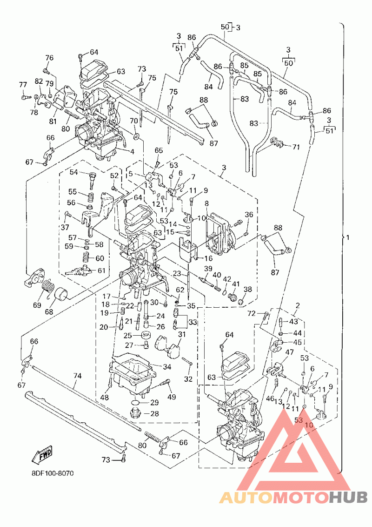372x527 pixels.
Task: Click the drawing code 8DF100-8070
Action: (x=53, y=473)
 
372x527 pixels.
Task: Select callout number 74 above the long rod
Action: (x=77, y=376)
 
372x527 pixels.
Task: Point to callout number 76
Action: (x=49, y=58)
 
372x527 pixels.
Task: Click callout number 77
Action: (x=23, y=84)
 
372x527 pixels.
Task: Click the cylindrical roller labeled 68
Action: (x=61, y=294)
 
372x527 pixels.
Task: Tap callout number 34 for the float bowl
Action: (x=167, y=367)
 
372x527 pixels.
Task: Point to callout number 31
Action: (x=182, y=334)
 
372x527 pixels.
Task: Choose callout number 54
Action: (x=74, y=172)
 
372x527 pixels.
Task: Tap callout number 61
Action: (x=101, y=270)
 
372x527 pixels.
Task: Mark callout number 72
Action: (x=252, y=314)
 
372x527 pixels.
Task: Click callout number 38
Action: (x=248, y=289)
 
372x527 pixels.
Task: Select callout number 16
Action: (x=208, y=258)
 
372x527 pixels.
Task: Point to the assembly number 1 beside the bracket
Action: (x=348, y=237)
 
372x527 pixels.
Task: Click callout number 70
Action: (x=133, y=121)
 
